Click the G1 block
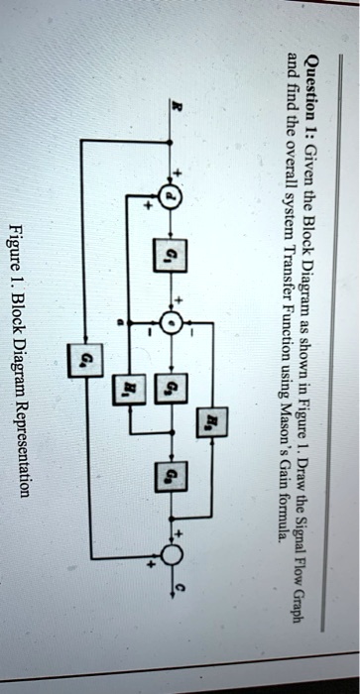[170, 260]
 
